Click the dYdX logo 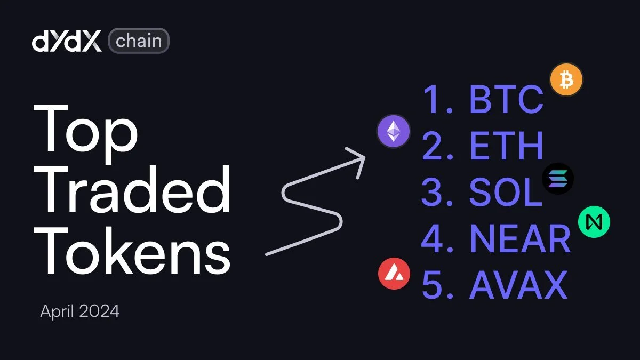point(67,41)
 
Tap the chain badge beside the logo point(139,41)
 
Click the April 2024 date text point(79,311)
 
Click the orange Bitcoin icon point(566,81)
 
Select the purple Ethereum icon point(394,132)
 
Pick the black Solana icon point(558,179)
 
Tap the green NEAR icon point(594,222)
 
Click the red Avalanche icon point(394,273)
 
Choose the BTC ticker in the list point(506,100)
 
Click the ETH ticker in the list point(506,146)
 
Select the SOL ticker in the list point(505,193)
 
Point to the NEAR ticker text point(519,239)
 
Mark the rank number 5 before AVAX point(433,285)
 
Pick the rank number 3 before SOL point(433,193)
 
